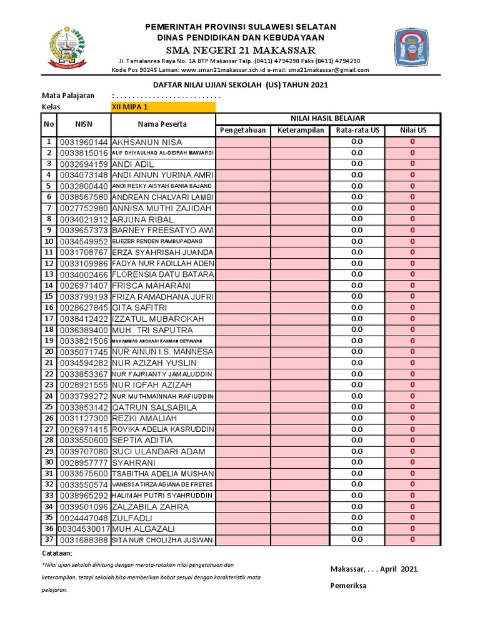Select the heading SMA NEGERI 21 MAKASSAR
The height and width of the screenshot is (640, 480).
[x=240, y=50]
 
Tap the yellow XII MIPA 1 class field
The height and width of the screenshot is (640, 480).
[x=162, y=107]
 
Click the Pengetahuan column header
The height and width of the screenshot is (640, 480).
[x=242, y=130]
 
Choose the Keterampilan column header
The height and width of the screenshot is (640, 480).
[x=300, y=130]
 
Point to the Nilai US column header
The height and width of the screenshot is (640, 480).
[x=413, y=130]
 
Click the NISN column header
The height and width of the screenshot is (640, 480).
[x=84, y=124]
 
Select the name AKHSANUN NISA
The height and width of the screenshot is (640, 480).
[x=147, y=142]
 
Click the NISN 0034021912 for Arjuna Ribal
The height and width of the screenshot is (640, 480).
[x=84, y=219]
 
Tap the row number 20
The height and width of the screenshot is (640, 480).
[x=49, y=352]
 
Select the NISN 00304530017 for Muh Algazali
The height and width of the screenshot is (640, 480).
[x=84, y=529]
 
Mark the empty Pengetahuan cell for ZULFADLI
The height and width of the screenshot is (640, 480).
[x=242, y=518]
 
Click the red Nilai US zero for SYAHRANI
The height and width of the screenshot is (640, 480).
[x=412, y=462]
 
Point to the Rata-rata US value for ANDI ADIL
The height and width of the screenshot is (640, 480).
[x=356, y=164]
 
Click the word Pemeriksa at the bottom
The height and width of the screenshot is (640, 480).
[x=349, y=586]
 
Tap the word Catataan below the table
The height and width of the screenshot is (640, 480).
[x=57, y=554]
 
